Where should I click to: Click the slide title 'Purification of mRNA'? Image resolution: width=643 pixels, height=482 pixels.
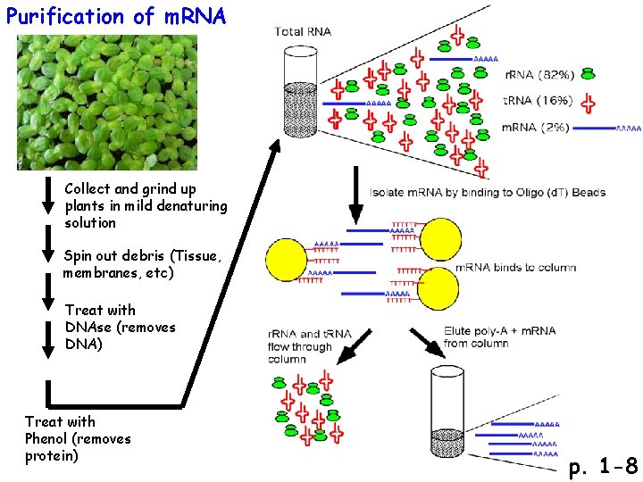click(116, 16)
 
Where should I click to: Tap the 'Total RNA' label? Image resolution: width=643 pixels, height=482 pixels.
click(303, 31)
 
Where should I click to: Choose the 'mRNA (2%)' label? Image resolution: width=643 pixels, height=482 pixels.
click(535, 128)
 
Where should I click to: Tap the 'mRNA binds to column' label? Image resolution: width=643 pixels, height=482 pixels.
click(515, 267)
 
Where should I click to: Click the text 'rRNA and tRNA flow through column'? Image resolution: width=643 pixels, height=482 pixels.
click(301, 346)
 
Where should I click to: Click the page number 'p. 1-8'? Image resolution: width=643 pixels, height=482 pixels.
click(604, 465)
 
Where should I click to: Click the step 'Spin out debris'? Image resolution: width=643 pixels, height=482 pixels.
click(142, 264)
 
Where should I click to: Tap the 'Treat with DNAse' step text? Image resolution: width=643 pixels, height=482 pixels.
click(120, 327)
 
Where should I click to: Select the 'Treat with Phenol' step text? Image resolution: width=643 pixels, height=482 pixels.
click(78, 438)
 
